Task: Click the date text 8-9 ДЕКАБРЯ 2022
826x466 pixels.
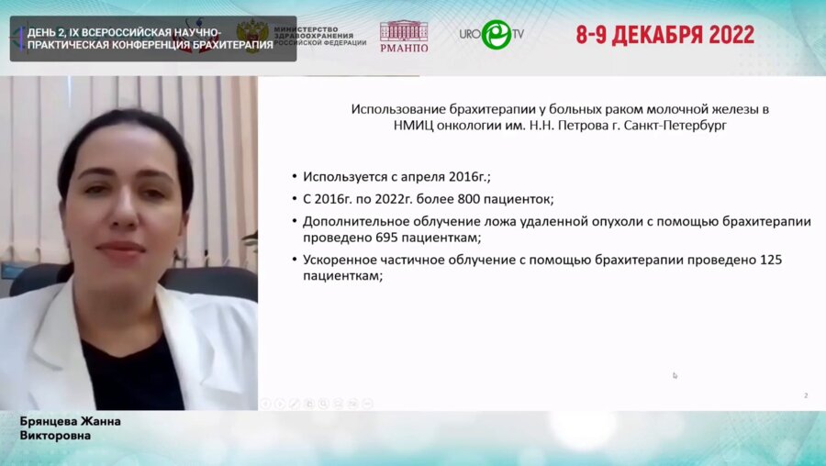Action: point(664,35)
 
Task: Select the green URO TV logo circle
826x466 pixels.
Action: point(497,34)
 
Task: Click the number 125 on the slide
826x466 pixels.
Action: point(771,260)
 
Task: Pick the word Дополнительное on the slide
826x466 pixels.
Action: point(353,221)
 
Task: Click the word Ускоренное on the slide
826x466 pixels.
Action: point(340,260)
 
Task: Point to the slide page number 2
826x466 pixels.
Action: point(806,395)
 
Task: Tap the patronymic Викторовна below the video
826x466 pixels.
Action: point(56,435)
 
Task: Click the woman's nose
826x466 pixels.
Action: point(117,221)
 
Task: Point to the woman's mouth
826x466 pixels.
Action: point(119,249)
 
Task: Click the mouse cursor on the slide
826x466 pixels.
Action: point(675,374)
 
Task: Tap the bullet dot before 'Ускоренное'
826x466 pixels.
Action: point(294,261)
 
